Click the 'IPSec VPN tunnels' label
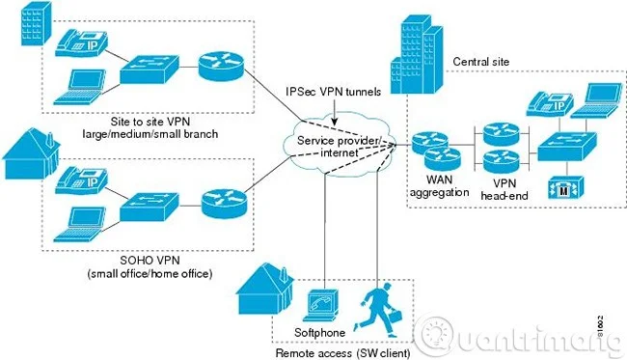pos(334,93)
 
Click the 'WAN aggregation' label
pos(439,186)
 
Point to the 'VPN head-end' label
pos(506,186)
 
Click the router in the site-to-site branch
pos(220,65)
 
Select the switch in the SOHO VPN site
pos(145,205)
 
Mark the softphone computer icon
pos(319,303)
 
